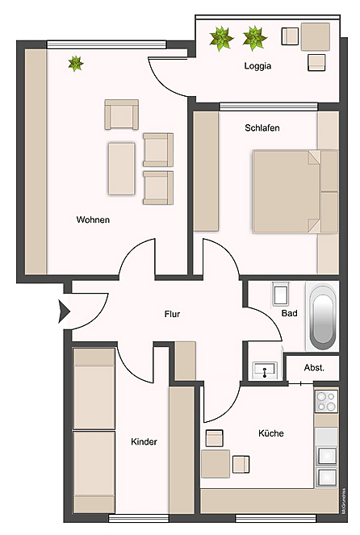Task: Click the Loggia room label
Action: point(257,67)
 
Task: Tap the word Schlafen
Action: point(262,128)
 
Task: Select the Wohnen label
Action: point(93,219)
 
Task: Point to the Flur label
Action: point(172,314)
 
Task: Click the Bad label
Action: point(289,314)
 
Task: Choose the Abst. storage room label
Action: point(314,367)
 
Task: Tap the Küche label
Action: point(270,433)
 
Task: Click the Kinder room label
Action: point(144,441)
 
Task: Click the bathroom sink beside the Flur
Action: point(264,370)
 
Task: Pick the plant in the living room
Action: point(76,63)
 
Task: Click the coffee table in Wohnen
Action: point(122,168)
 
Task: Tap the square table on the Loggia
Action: point(315,36)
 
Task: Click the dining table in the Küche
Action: point(215,463)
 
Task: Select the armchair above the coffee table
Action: point(122,115)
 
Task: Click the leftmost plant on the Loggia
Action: point(220,37)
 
